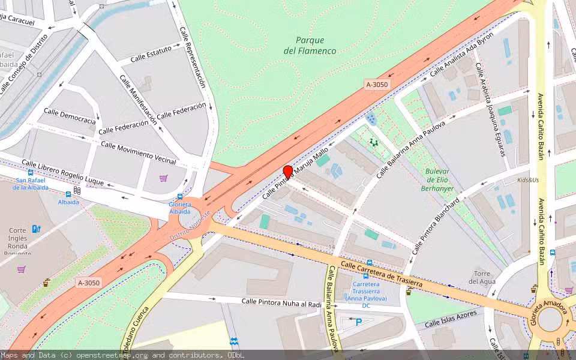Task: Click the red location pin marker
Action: (288, 172)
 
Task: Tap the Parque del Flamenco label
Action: (310, 46)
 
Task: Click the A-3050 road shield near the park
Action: (377, 85)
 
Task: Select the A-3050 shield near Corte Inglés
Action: (88, 283)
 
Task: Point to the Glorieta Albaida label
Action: (179, 208)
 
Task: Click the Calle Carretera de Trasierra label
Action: (382, 273)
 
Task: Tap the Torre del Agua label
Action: (482, 277)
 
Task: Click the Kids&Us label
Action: (528, 180)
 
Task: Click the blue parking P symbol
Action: (359, 322)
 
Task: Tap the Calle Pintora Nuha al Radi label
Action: (281, 304)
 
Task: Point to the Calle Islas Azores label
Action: (451, 319)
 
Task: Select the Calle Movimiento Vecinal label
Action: (138, 153)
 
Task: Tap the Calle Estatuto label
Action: (151, 54)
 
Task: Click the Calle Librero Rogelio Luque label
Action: (62, 172)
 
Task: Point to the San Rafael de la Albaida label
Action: (30, 184)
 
